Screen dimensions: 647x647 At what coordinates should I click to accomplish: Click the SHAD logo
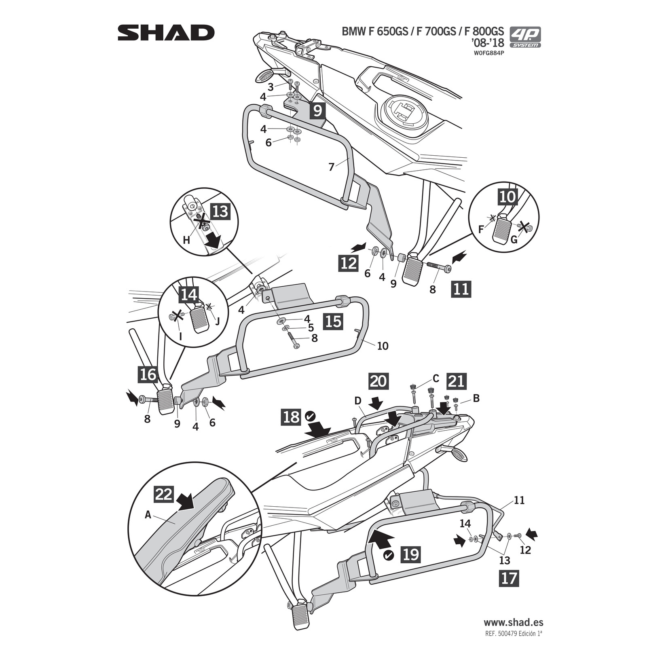[166, 33]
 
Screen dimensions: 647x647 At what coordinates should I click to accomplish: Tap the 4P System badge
[525, 37]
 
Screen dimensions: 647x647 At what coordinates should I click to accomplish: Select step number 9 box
[317, 110]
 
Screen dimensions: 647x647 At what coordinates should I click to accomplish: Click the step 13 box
[220, 211]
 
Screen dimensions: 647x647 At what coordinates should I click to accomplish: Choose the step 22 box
[164, 495]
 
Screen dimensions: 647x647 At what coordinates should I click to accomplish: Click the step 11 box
[461, 289]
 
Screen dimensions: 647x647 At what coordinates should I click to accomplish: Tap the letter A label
[148, 515]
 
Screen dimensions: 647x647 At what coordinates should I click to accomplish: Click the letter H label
[186, 240]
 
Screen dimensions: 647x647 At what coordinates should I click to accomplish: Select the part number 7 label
[332, 167]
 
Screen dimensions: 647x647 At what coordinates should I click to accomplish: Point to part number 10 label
[382, 346]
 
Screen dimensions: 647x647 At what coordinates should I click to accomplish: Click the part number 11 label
[519, 501]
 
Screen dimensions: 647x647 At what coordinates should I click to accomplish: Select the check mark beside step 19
[389, 555]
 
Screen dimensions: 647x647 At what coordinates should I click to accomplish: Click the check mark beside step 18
[311, 415]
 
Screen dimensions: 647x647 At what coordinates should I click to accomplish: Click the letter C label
[436, 378]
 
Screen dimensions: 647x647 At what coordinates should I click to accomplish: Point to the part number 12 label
[525, 550]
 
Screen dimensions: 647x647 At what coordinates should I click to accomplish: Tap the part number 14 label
[465, 524]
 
